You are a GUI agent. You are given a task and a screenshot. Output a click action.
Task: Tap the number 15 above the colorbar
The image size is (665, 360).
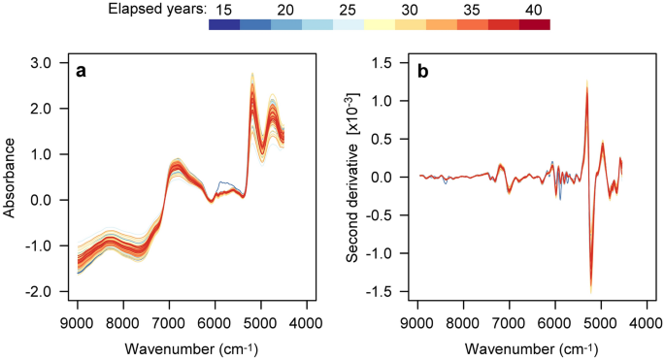pos(222,9)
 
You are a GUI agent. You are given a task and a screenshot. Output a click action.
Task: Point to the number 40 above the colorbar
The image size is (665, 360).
pos(534,9)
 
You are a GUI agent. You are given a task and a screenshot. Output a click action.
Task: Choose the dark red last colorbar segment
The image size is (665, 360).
pos(534,25)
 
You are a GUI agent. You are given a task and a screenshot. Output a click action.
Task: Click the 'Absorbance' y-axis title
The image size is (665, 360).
pos(11,178)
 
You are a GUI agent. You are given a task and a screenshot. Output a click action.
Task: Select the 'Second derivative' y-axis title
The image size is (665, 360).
pos(355,178)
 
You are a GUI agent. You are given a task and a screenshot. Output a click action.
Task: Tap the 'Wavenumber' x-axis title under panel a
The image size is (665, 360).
pos(181,347)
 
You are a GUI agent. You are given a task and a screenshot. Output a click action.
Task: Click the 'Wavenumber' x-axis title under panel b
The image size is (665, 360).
pos(520,347)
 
